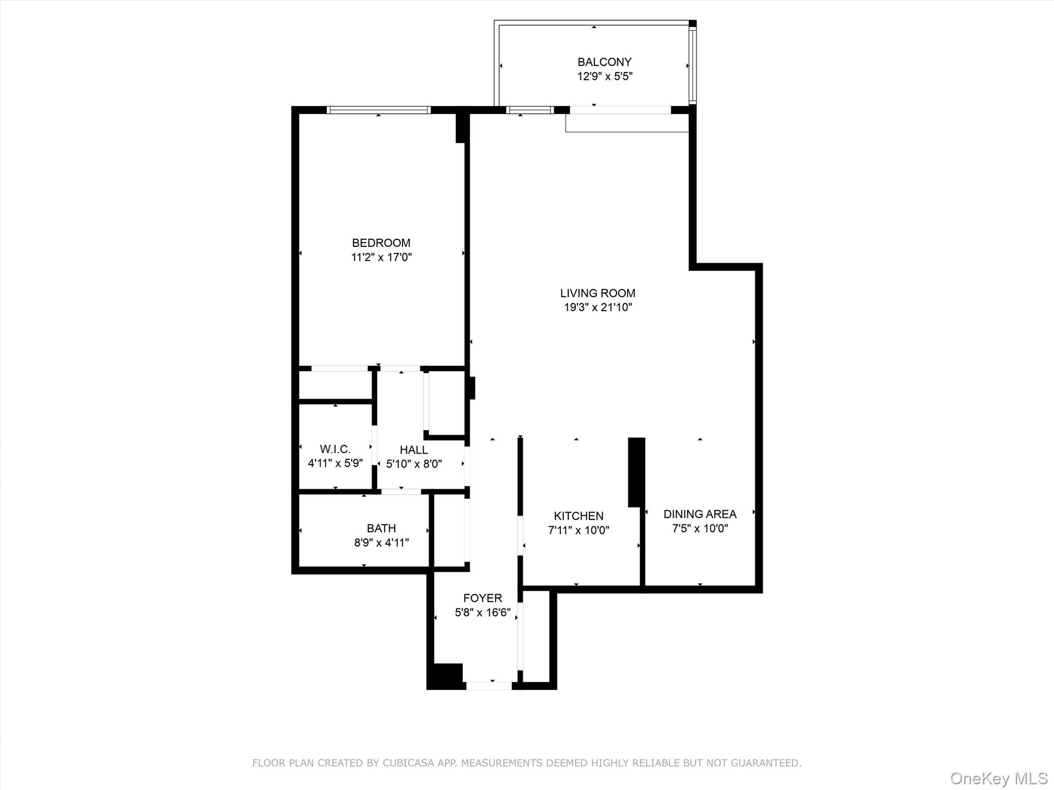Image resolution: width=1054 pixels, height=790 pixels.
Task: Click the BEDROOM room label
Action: pyautogui.click(x=381, y=243)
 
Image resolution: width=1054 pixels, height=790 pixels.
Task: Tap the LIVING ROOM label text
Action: pyautogui.click(x=598, y=293)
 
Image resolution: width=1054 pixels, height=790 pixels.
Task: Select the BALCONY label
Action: pyautogui.click(x=604, y=62)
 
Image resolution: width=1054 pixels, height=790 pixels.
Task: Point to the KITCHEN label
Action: pyautogui.click(x=578, y=516)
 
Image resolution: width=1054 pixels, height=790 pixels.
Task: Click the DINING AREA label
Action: pyautogui.click(x=700, y=514)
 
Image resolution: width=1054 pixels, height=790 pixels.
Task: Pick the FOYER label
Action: pyautogui.click(x=483, y=598)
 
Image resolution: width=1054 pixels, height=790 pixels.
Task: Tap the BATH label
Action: pyautogui.click(x=381, y=528)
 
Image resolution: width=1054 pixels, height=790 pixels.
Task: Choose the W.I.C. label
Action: pyautogui.click(x=336, y=449)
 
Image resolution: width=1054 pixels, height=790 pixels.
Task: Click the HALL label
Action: pyautogui.click(x=414, y=450)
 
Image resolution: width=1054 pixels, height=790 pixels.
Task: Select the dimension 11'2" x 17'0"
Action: pyautogui.click(x=381, y=257)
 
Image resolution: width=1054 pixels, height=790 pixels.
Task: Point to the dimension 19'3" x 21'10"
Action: pyautogui.click(x=598, y=308)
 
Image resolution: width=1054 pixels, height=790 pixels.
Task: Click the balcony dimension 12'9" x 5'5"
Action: pyautogui.click(x=605, y=77)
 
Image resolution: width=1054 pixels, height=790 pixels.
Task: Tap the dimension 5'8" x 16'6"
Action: pyautogui.click(x=483, y=613)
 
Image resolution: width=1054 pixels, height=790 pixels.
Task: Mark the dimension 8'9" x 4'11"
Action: pyautogui.click(x=381, y=543)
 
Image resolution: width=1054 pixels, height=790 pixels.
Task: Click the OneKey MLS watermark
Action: pyautogui.click(x=999, y=779)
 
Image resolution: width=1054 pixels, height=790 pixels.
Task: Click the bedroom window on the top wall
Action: pyautogui.click(x=379, y=110)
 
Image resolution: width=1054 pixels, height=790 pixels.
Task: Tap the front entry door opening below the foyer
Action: pyautogui.click(x=489, y=686)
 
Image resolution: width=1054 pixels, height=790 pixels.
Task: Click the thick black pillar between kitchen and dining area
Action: pyautogui.click(x=637, y=472)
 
